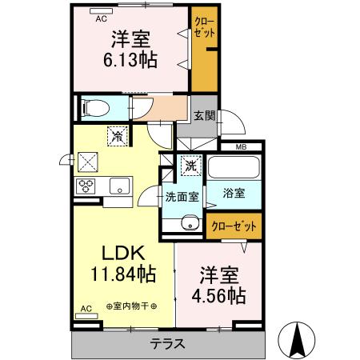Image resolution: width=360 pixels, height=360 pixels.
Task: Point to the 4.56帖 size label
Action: click(x=217, y=295)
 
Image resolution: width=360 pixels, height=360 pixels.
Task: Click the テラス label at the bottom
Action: click(x=168, y=345)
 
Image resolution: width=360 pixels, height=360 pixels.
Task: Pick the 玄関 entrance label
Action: click(x=205, y=115)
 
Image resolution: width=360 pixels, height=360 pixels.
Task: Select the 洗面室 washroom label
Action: click(x=182, y=197)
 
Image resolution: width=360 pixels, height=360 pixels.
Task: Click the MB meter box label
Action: click(x=241, y=146)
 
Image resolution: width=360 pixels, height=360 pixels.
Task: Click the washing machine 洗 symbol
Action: click(x=191, y=166)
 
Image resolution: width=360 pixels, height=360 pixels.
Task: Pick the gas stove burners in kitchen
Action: click(x=86, y=186)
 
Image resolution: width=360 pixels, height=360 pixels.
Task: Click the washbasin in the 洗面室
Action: click(x=188, y=224)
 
